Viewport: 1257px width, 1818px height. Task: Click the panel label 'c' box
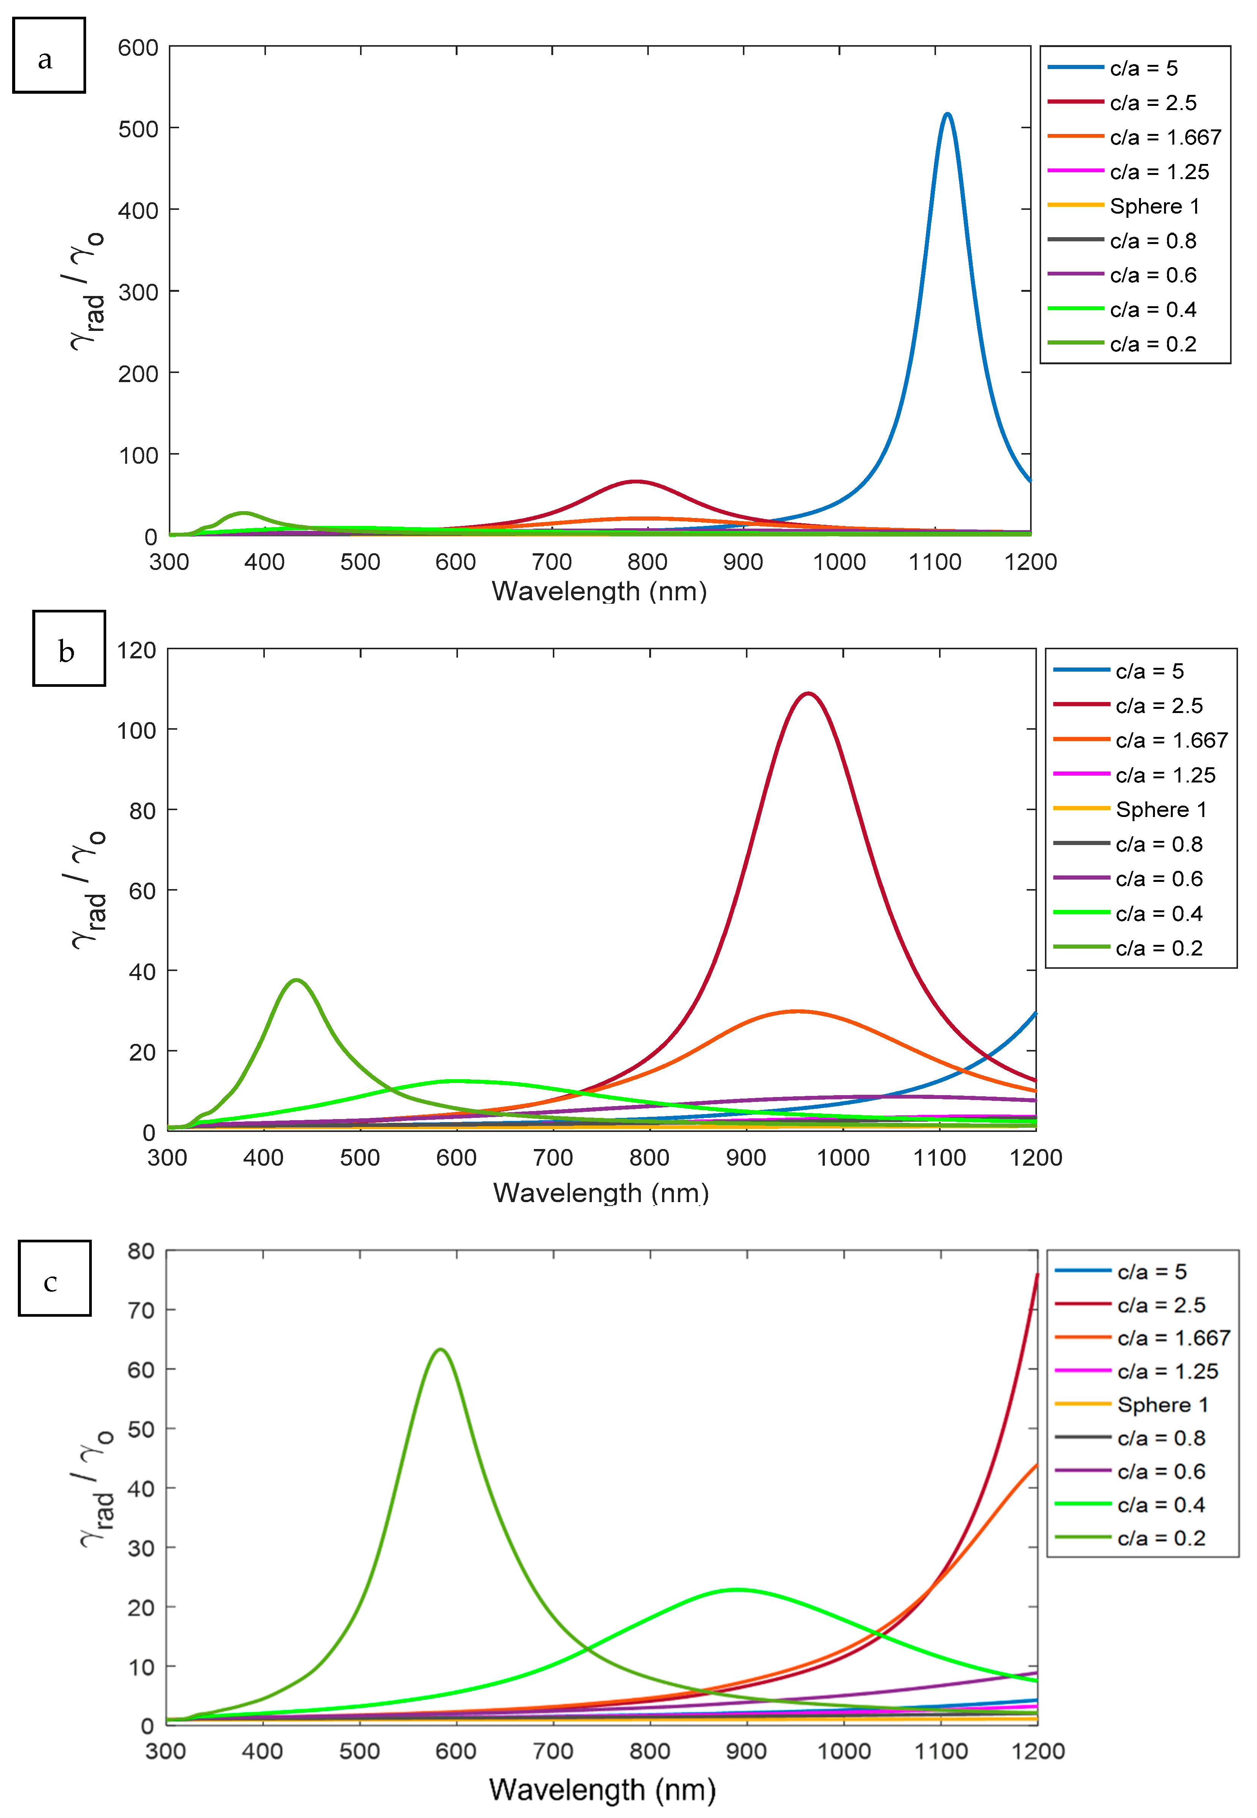tap(54, 1278)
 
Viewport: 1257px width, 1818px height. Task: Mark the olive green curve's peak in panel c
tap(439, 1349)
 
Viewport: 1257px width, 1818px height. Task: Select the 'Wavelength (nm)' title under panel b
tap(601, 1193)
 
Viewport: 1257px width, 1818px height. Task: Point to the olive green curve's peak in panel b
tap(296, 981)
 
